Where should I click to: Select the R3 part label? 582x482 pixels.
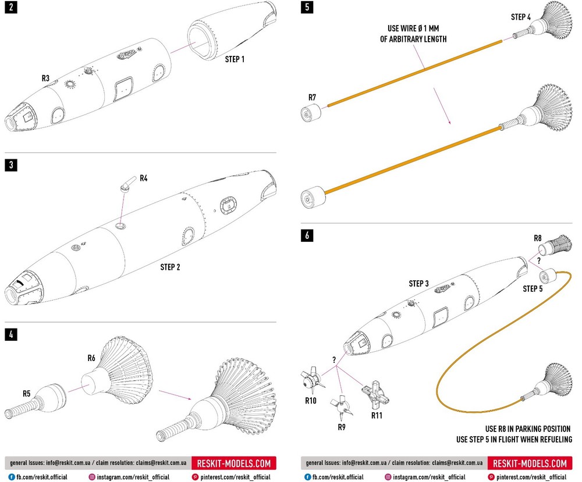[x=46, y=77]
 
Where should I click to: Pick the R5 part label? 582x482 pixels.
[x=27, y=394]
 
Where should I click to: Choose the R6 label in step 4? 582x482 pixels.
[x=91, y=358]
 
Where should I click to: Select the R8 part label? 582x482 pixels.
[x=538, y=238]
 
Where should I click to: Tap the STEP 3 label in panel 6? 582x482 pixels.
[x=418, y=284]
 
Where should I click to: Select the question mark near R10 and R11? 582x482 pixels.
[x=335, y=360]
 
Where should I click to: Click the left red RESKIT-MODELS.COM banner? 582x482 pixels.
[x=234, y=463]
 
